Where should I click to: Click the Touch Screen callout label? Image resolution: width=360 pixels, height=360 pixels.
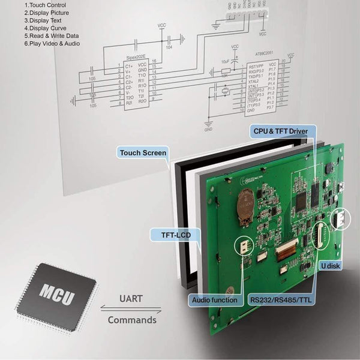click(x=143, y=153)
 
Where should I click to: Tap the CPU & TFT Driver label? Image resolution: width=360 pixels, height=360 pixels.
click(x=280, y=130)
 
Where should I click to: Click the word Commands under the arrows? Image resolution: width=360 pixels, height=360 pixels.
click(x=131, y=320)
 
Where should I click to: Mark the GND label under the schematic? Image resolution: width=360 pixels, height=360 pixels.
click(x=208, y=129)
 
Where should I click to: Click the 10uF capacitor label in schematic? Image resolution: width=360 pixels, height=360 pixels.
click(x=224, y=61)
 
